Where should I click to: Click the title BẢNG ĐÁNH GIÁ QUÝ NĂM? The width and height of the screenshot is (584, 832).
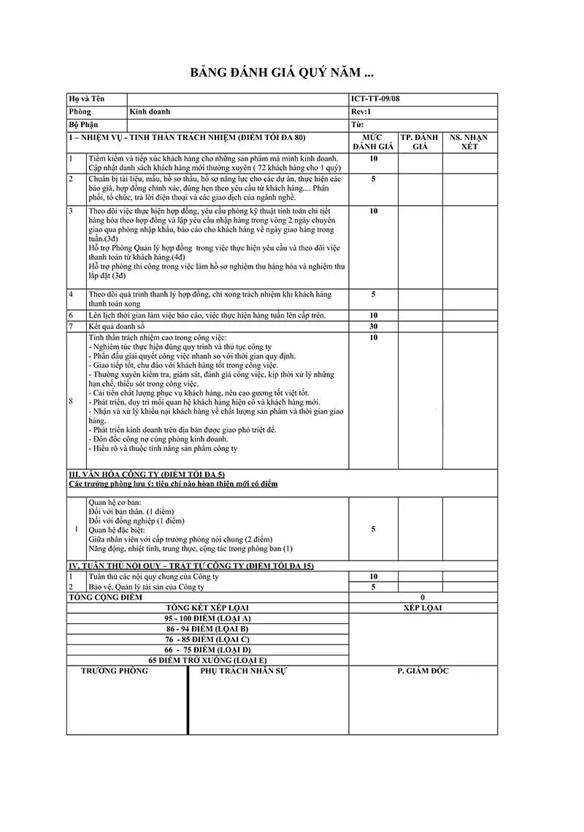point(282,73)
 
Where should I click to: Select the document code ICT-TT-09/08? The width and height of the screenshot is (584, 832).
point(375,99)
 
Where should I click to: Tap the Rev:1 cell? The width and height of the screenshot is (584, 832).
point(361,112)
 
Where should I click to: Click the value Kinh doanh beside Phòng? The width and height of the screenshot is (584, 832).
point(149,112)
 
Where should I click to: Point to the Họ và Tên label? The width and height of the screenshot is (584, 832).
point(86,99)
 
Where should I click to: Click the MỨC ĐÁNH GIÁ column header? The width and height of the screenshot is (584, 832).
point(373,142)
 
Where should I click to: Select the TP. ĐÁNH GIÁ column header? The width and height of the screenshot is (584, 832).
point(419,142)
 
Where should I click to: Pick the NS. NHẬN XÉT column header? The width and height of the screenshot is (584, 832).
point(468,142)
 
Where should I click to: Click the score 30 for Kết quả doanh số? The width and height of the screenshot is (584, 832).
point(373,326)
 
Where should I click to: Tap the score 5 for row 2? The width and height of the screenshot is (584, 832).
point(373,179)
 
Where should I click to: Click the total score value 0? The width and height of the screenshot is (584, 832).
point(423,597)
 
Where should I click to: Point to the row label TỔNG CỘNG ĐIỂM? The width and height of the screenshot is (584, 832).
point(101,597)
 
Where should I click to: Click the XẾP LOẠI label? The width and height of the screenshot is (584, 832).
point(423,607)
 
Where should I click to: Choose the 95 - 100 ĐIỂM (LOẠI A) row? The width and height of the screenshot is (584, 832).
point(207,617)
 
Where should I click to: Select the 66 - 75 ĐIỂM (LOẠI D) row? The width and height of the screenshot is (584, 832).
point(207,649)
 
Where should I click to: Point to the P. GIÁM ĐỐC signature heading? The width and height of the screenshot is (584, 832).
point(423,671)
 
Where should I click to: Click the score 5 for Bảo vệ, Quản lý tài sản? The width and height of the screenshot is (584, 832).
point(373,587)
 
